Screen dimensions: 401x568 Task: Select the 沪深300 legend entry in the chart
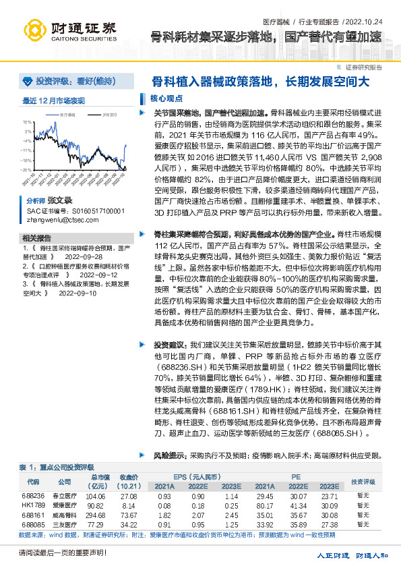tap(106, 116)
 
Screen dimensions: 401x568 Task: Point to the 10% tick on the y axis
tap(26, 123)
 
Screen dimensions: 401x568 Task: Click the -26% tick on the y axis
tap(26, 170)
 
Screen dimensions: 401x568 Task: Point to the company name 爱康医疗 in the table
tap(63, 505)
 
